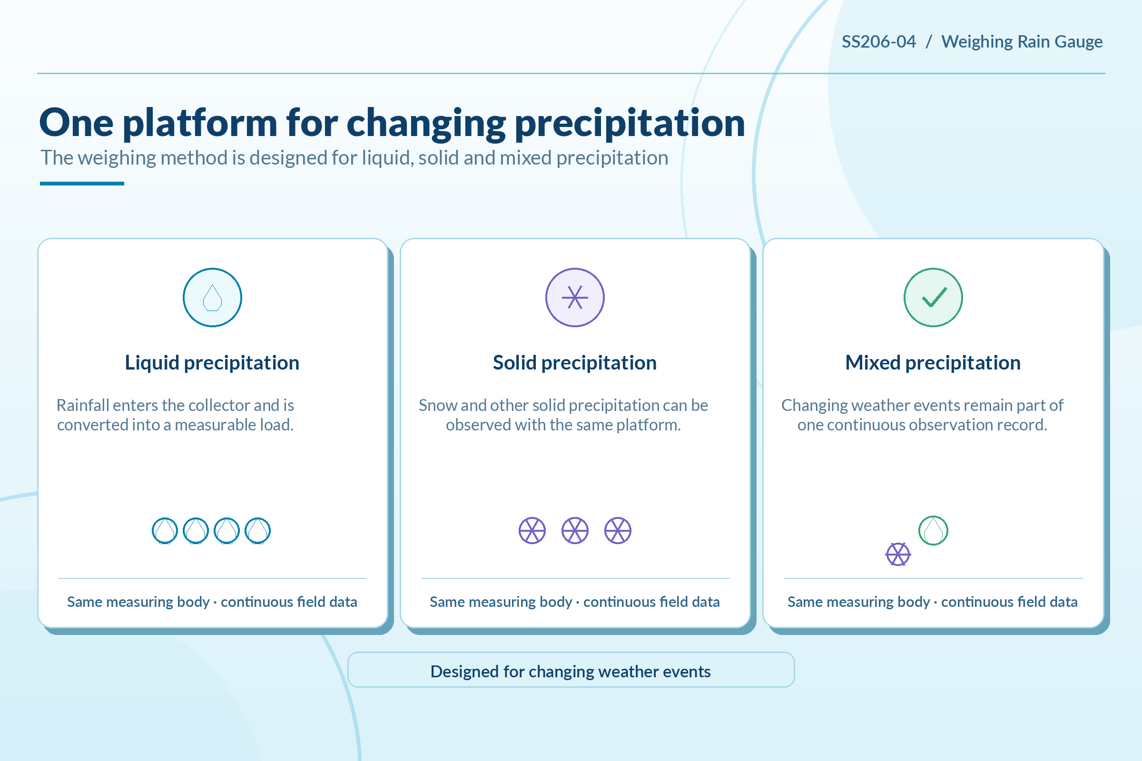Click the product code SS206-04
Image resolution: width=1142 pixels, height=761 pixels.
tap(878, 42)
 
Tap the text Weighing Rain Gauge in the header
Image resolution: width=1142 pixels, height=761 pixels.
tap(1022, 42)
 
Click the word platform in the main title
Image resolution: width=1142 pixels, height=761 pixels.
tap(200, 123)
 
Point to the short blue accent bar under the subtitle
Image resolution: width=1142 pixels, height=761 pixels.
tap(82, 184)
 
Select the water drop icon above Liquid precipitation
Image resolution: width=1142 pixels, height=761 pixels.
tap(212, 298)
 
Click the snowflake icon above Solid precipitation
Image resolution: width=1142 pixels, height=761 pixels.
tap(575, 298)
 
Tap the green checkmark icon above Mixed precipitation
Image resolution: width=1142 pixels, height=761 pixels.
tap(933, 298)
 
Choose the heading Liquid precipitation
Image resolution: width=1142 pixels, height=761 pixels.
tap(212, 362)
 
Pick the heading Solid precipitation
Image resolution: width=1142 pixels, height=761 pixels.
tap(575, 362)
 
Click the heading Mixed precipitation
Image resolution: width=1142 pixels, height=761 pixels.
tap(933, 362)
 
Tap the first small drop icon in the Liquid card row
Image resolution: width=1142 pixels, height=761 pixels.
tap(165, 530)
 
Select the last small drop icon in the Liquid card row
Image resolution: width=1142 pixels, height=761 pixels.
tap(258, 530)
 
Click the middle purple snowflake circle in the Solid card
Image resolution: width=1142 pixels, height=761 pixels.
tap(575, 530)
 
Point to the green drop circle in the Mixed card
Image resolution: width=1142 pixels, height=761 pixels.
tap(933, 530)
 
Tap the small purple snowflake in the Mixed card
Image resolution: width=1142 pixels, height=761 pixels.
tap(898, 554)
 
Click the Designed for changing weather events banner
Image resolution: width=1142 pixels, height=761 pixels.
tap(571, 670)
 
